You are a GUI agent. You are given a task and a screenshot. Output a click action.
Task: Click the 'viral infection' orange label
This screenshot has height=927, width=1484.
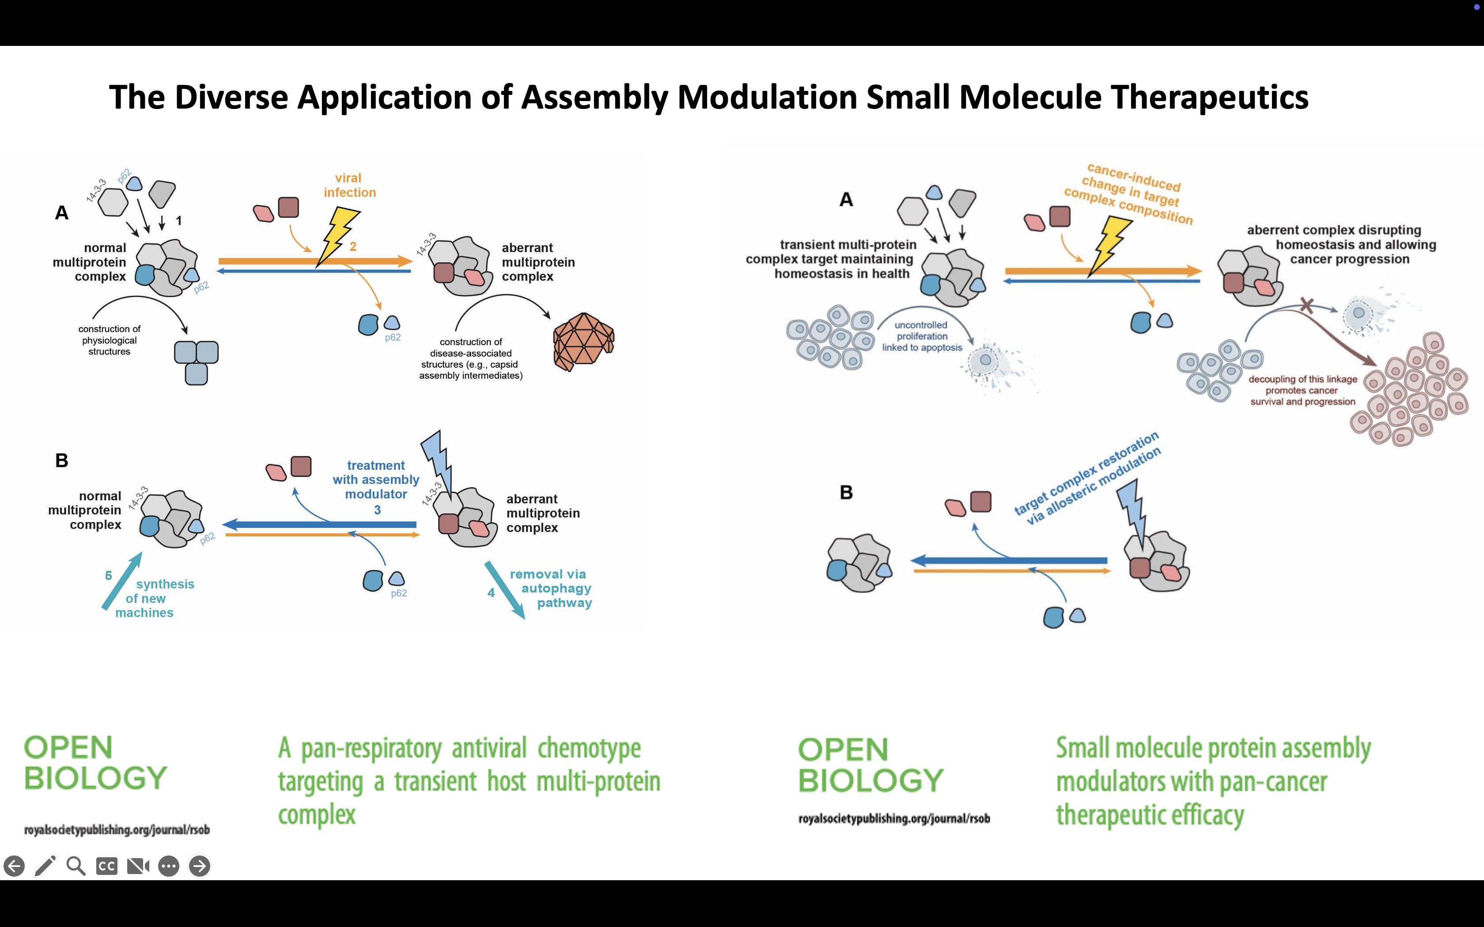[x=349, y=185]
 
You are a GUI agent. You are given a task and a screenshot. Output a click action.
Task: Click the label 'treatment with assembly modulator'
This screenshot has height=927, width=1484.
[x=376, y=480]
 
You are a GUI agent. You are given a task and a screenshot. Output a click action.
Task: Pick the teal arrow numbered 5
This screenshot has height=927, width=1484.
[x=122, y=580]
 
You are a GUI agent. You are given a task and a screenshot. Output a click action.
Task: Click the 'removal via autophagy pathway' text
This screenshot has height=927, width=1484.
[x=551, y=588]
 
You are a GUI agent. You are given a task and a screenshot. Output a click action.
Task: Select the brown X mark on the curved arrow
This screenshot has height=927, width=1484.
[x=1307, y=305]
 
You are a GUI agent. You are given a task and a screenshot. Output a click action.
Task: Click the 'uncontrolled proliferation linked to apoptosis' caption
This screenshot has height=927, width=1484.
[x=922, y=336]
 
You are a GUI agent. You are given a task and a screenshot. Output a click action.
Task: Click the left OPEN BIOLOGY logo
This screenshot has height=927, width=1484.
[x=95, y=763]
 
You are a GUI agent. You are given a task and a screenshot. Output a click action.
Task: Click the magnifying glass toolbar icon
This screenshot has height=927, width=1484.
[x=76, y=866]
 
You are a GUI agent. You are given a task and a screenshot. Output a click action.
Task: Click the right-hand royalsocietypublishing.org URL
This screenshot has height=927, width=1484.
[x=893, y=818]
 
